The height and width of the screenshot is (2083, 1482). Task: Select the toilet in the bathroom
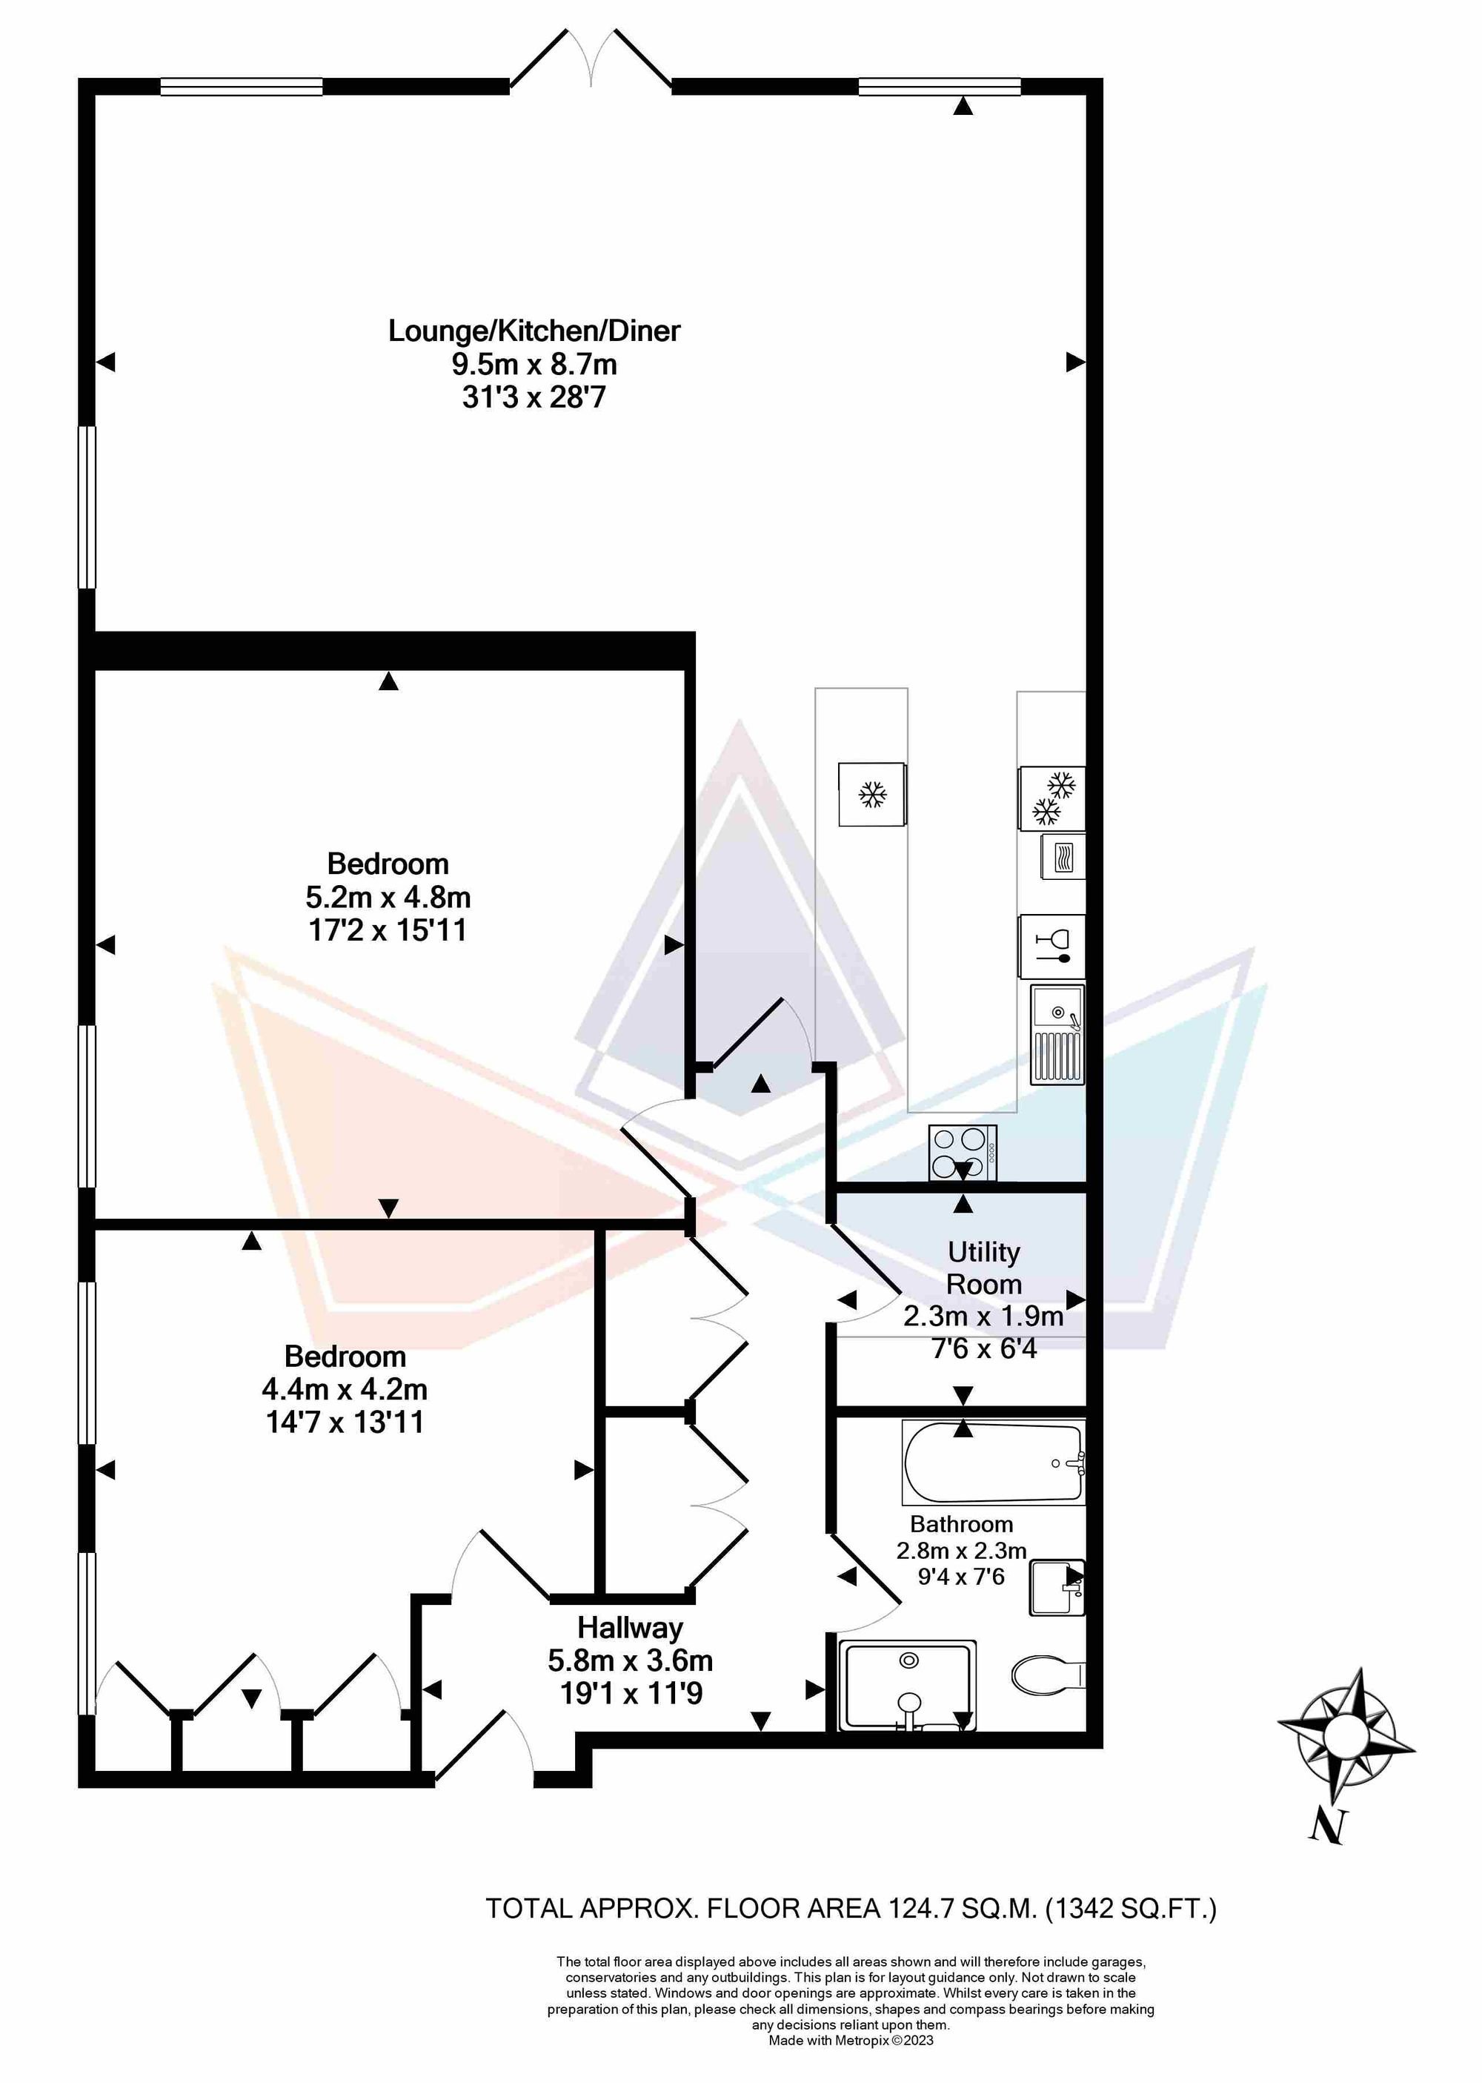pos(1048,1673)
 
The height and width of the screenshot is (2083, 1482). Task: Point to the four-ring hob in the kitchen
pos(963,1153)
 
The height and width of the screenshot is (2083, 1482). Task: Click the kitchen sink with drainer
pos(1057,1035)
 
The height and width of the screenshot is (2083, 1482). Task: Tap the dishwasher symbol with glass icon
pos(1052,947)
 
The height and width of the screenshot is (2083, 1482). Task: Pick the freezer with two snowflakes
pos(1052,798)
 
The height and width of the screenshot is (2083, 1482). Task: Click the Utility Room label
pos(984,1267)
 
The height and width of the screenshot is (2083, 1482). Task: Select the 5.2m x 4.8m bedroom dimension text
pos(388,896)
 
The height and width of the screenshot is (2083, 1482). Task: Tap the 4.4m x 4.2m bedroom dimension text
pos(345,1389)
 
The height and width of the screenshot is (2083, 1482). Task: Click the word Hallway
pos(631,1629)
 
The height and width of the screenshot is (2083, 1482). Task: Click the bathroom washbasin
pos(1057,1587)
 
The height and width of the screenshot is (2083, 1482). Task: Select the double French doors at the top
pos(591,59)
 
